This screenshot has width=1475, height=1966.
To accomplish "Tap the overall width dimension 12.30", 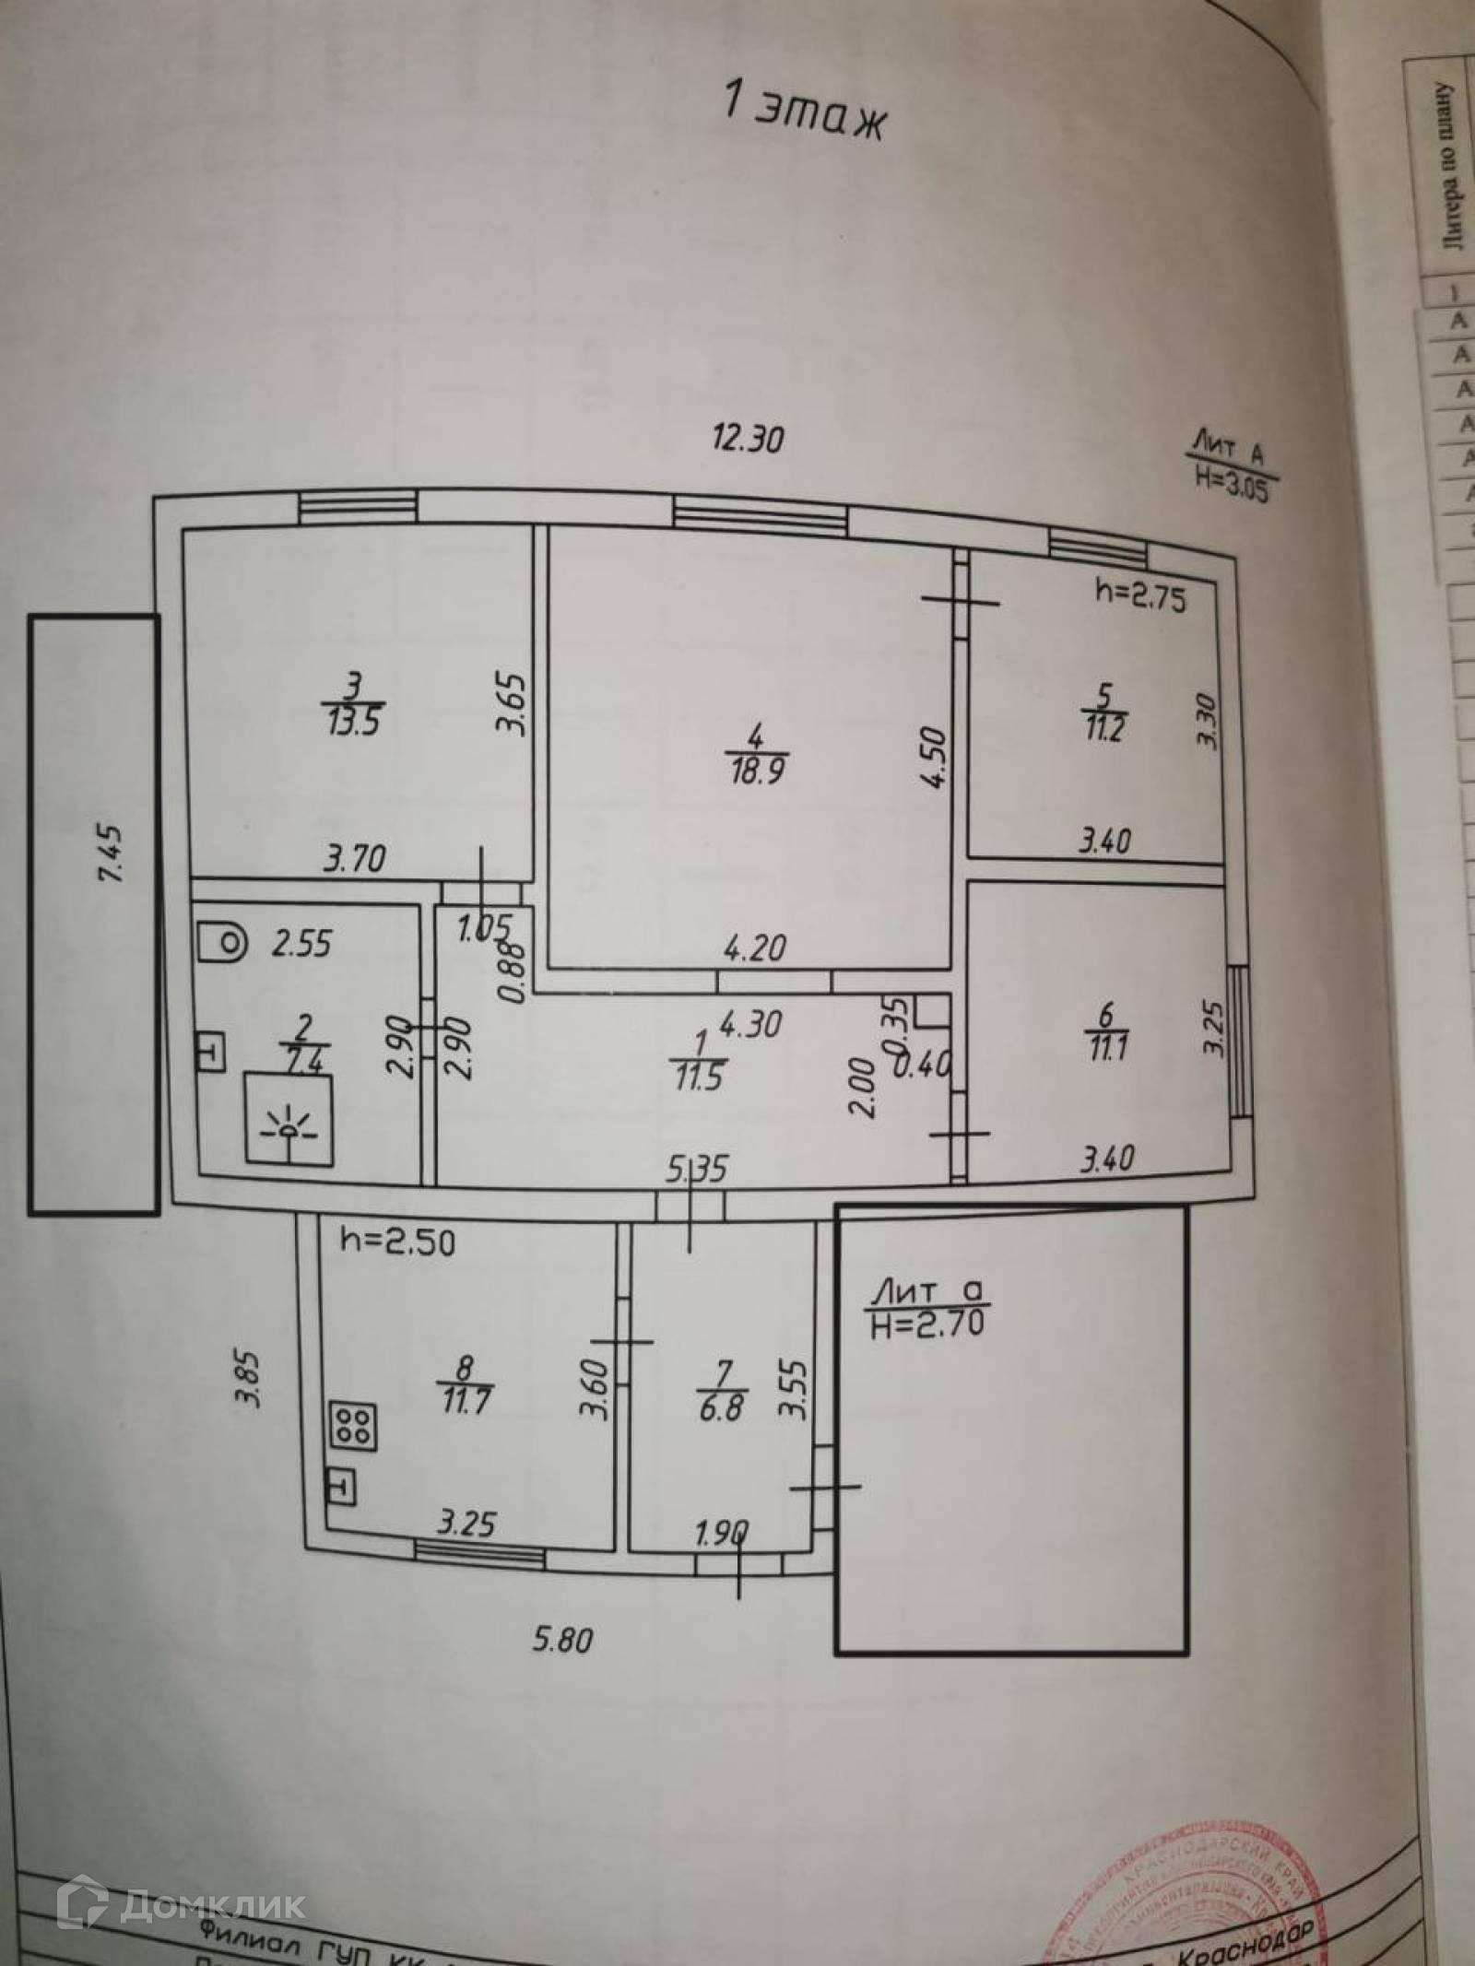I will click(x=749, y=440).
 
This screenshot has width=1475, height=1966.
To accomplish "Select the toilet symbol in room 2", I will click(x=222, y=942).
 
